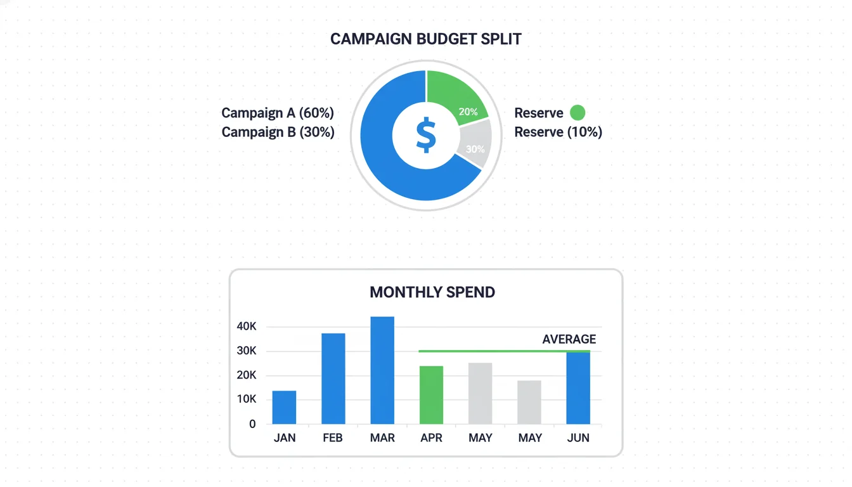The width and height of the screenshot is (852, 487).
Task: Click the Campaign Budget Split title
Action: click(x=425, y=39)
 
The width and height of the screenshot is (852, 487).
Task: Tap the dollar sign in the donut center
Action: click(x=426, y=134)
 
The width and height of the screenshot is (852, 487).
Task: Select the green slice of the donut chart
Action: click(x=455, y=96)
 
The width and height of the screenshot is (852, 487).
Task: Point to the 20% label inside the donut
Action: click(x=468, y=112)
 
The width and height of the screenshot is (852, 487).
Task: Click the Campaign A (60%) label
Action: click(x=277, y=113)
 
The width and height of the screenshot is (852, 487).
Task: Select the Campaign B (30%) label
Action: click(x=278, y=132)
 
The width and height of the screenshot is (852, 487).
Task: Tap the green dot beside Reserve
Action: click(x=577, y=113)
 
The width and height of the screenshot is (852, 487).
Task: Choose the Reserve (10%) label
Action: click(x=558, y=132)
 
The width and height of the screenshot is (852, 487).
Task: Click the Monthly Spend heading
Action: click(x=432, y=292)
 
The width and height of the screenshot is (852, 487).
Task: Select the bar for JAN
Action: click(x=284, y=407)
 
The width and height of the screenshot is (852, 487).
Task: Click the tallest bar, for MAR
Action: click(x=382, y=370)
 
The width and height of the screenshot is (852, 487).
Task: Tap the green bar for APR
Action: click(x=431, y=395)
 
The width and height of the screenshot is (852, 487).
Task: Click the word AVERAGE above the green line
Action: click(x=569, y=339)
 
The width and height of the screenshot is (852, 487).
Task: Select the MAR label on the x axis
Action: click(x=382, y=438)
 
